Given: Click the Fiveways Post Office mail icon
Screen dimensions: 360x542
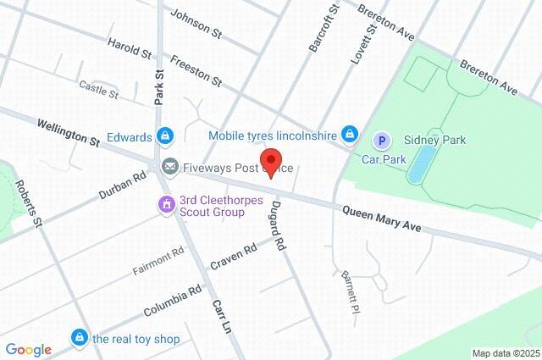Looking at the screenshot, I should (170, 167).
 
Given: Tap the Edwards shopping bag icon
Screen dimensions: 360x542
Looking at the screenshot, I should (166, 136).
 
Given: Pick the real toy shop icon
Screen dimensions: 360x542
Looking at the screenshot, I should (80, 338).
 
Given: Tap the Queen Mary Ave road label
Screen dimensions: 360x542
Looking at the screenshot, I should (381, 219).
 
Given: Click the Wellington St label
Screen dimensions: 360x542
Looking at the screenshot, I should (68, 131).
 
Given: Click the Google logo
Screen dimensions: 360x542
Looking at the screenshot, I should (28, 350).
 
